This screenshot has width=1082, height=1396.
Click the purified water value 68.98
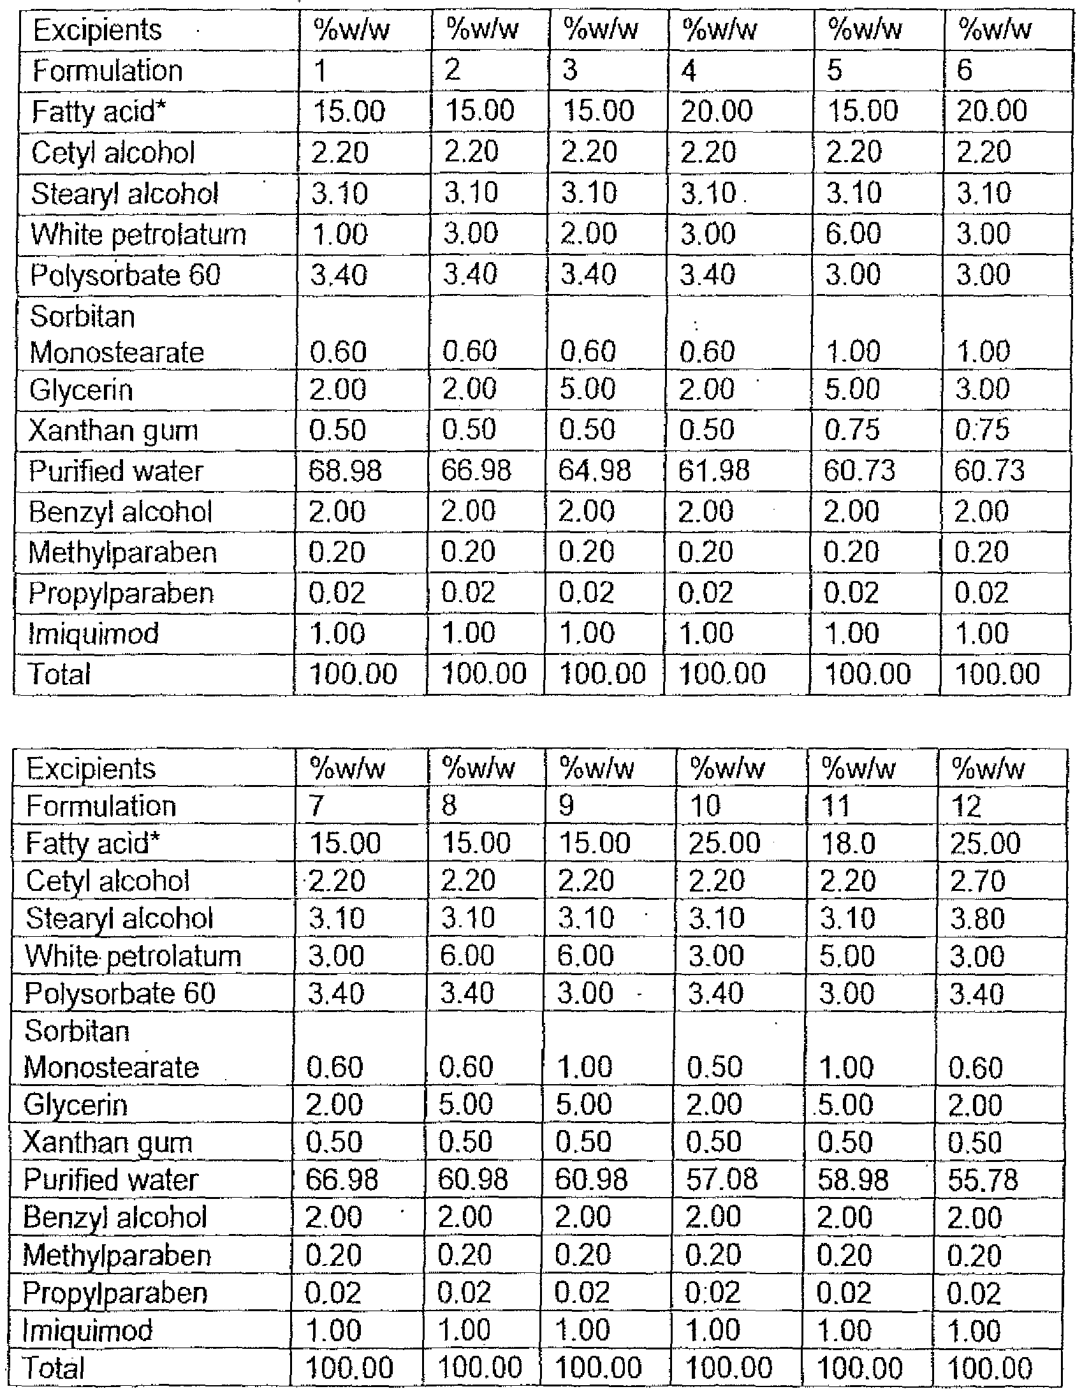(x=345, y=472)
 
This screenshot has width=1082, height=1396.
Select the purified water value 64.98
(x=594, y=472)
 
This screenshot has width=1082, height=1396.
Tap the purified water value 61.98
(x=715, y=472)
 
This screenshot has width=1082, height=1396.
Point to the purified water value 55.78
(x=983, y=1180)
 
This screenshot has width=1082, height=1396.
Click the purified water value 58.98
(x=852, y=1180)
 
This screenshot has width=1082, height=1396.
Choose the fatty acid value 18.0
(x=848, y=844)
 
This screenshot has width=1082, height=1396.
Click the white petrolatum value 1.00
(x=339, y=234)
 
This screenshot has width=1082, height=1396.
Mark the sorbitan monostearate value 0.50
(x=715, y=1068)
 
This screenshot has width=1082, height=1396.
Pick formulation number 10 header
(x=706, y=806)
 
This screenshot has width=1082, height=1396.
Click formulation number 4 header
(x=689, y=70)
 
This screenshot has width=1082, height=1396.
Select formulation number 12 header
(x=966, y=806)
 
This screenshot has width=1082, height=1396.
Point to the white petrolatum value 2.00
(x=589, y=234)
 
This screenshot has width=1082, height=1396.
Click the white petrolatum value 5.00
(x=846, y=957)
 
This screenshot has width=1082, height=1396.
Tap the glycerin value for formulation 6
(x=983, y=389)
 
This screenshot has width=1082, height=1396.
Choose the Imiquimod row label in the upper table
(x=93, y=634)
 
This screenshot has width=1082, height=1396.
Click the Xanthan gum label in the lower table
(x=107, y=1143)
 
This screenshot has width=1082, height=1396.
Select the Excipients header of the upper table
(x=97, y=31)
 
